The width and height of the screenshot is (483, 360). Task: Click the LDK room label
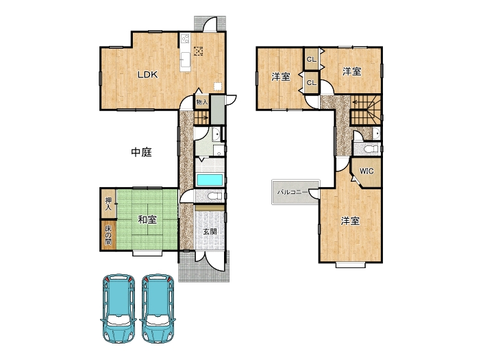(x=147, y=75)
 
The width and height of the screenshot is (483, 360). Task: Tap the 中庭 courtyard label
(x=141, y=152)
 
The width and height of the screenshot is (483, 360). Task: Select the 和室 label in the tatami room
(x=147, y=219)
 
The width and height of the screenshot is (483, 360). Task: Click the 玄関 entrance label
(x=210, y=231)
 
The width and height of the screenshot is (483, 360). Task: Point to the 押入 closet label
(x=108, y=204)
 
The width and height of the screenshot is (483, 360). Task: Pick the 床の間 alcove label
(x=108, y=235)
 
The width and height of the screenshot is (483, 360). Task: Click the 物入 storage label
(x=201, y=102)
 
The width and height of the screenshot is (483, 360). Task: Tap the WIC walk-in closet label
(x=367, y=171)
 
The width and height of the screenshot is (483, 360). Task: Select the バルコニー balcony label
(x=293, y=192)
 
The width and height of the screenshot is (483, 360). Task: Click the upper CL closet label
(x=312, y=59)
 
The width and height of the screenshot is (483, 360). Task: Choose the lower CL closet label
(x=312, y=83)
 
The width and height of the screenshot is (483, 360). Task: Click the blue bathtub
(x=210, y=180)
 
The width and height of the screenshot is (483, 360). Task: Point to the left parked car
(x=119, y=308)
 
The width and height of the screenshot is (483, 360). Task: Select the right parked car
(x=158, y=308)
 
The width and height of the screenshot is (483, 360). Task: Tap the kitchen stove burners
(x=185, y=38)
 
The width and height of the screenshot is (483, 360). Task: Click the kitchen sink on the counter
(x=186, y=58)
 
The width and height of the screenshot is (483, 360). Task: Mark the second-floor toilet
(x=371, y=149)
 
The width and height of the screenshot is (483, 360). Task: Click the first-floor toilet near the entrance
(x=214, y=195)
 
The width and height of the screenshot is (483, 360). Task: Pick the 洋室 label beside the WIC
(x=350, y=221)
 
